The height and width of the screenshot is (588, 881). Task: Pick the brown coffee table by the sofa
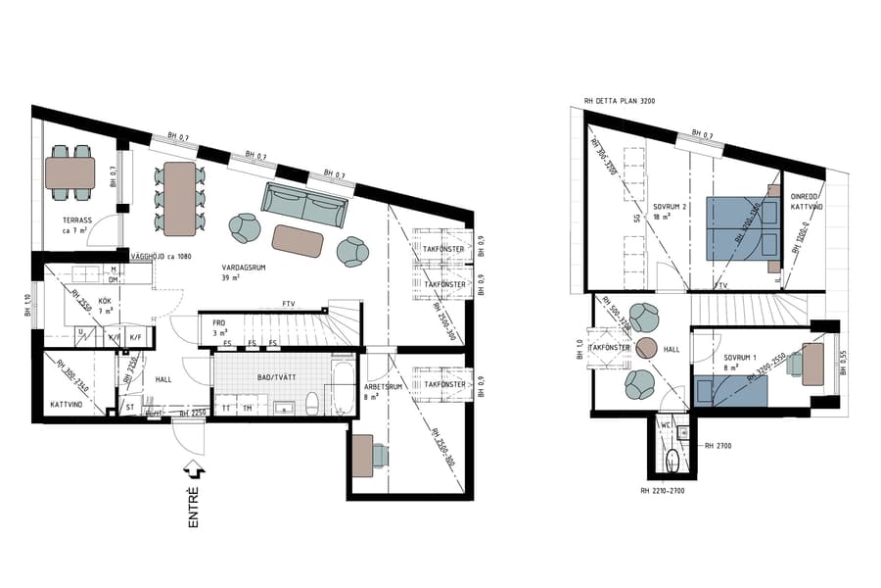[298, 240]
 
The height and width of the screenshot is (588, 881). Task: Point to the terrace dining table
[70, 173]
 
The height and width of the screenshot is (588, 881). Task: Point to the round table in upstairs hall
[646, 348]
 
